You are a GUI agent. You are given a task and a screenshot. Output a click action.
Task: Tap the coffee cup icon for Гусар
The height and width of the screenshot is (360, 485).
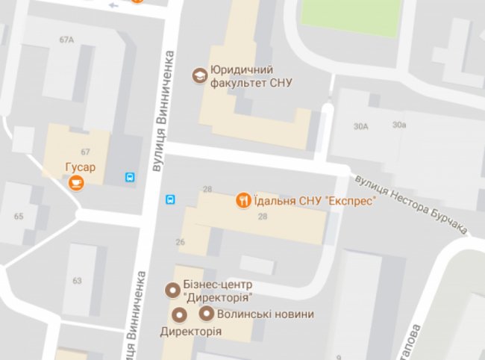coord(76,181)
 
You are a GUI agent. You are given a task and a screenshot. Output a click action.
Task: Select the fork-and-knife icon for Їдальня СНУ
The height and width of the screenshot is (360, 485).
coord(243,199)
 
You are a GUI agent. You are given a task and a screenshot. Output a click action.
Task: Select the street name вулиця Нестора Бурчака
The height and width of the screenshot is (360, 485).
coord(411,205)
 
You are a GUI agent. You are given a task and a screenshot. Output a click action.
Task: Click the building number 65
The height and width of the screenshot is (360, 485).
coord(18,217)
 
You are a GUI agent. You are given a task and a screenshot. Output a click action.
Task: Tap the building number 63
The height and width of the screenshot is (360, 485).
coord(77,281)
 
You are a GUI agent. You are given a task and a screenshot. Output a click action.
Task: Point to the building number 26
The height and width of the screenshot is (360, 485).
coord(180,241)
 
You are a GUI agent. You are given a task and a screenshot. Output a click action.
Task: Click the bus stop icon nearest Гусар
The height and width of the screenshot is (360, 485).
coord(131,178)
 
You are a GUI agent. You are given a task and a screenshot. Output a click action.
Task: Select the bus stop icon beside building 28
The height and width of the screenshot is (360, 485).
coord(170,199)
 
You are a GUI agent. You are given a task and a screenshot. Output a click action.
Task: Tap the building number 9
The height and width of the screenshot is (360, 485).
coord(338,357)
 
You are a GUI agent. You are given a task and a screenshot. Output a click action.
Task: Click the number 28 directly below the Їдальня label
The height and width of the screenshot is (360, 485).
coord(262,216)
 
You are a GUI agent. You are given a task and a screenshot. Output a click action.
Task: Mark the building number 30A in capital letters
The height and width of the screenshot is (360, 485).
coord(362,125)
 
